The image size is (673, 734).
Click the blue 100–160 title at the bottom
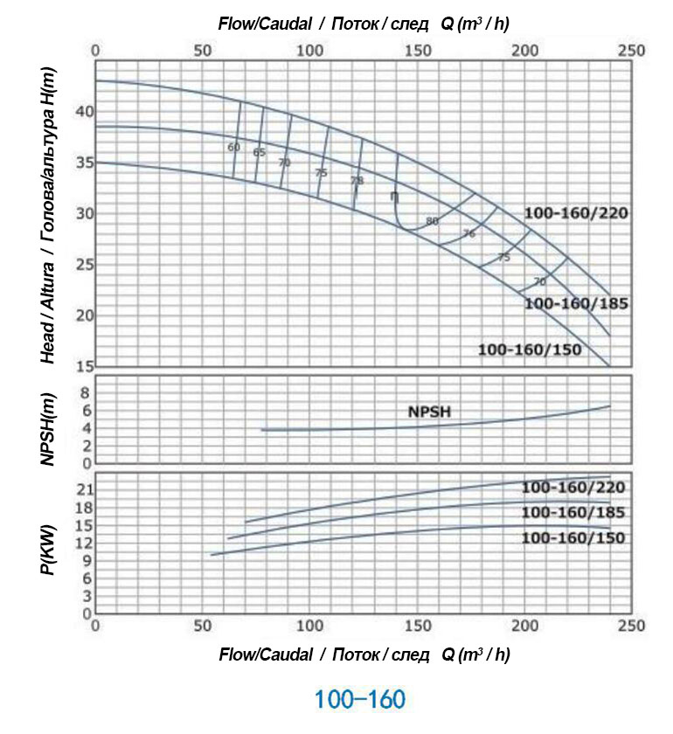(359, 699)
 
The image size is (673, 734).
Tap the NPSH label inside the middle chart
(429, 412)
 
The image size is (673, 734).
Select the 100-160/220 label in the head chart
(576, 213)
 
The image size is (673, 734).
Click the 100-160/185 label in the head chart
(576, 303)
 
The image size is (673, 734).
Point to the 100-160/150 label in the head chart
(530, 350)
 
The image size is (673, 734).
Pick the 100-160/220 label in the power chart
(573, 487)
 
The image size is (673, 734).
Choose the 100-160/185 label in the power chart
(573, 512)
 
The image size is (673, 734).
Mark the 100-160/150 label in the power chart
(573, 537)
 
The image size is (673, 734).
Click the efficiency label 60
(233, 147)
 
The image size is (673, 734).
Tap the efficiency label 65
(259, 152)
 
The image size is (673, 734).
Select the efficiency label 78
(357, 180)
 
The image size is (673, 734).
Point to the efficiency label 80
(432, 221)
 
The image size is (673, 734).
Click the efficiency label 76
(469, 233)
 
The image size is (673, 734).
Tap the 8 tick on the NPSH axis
(86, 393)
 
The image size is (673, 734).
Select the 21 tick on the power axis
(85, 488)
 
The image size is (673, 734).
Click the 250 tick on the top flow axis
(632, 51)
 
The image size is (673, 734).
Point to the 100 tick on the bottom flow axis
(310, 626)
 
